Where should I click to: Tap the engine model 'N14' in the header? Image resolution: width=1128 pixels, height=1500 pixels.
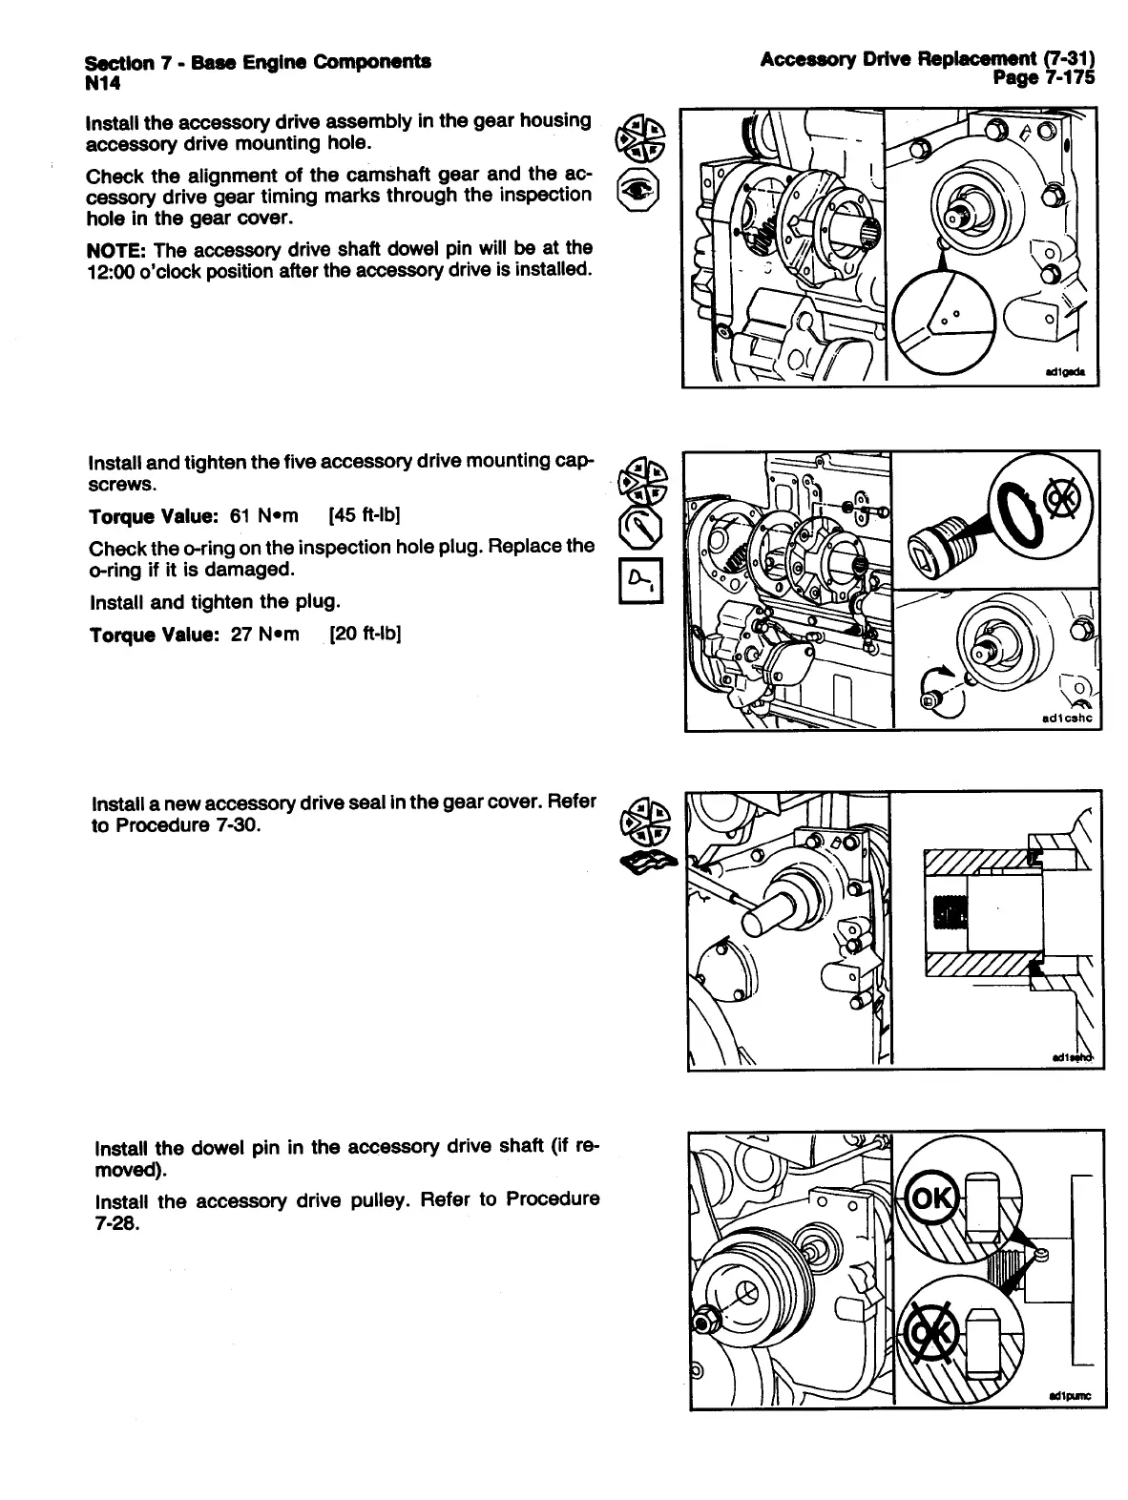(101, 82)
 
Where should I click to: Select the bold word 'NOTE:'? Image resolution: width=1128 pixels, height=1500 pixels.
(116, 250)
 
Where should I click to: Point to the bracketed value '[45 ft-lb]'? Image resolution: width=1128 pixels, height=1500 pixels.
(364, 516)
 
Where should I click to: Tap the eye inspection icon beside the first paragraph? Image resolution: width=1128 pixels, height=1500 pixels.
(637, 191)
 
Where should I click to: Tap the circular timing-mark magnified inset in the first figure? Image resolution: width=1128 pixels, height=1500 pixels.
(944, 317)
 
